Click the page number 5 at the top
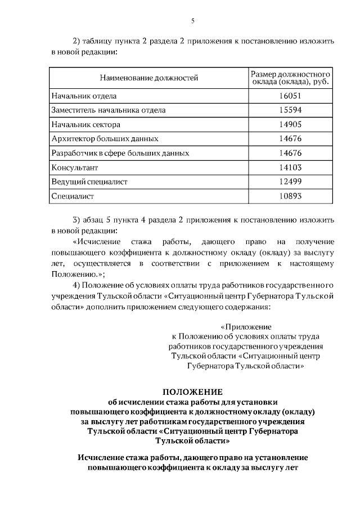click(192, 21)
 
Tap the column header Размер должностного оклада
click(290, 78)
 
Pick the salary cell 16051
click(290, 96)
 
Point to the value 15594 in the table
click(290, 110)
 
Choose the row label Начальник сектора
click(85, 124)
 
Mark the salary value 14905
click(290, 124)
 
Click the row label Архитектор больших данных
click(104, 138)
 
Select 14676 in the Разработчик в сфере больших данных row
click(290, 153)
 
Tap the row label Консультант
click(74, 168)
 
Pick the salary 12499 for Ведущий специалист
click(290, 182)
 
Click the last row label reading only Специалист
click(72, 196)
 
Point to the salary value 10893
click(290, 196)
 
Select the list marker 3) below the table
click(78, 219)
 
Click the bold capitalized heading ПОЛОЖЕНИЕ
click(192, 391)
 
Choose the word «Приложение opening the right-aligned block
click(246, 326)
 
